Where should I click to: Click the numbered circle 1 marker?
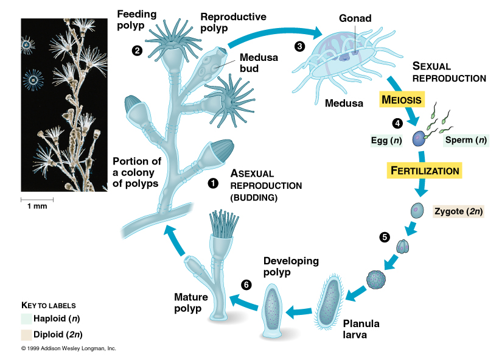pos(213,183)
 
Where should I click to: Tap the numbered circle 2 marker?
pos(138,51)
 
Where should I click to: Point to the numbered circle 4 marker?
pos(397,124)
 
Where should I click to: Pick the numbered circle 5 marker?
pos(384,238)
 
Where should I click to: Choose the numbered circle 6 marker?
pos(246,284)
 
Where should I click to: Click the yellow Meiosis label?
pos(401,99)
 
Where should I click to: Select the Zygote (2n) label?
pos(458,212)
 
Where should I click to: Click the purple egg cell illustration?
pos(420,139)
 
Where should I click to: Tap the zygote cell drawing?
pos(416,210)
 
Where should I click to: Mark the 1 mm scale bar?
pos(38,199)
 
